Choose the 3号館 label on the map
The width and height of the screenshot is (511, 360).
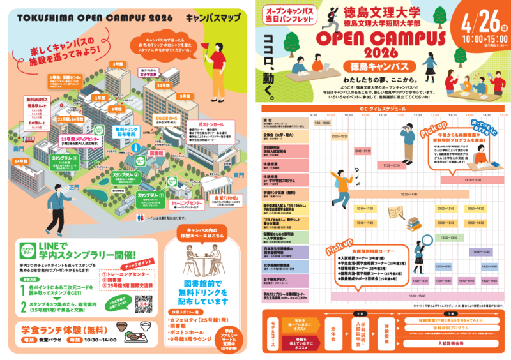(x=118, y=64)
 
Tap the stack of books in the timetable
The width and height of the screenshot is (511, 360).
(x=412, y=223)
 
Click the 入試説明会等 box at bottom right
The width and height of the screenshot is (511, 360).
(x=453, y=343)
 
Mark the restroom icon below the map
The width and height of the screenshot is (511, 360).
(x=141, y=217)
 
